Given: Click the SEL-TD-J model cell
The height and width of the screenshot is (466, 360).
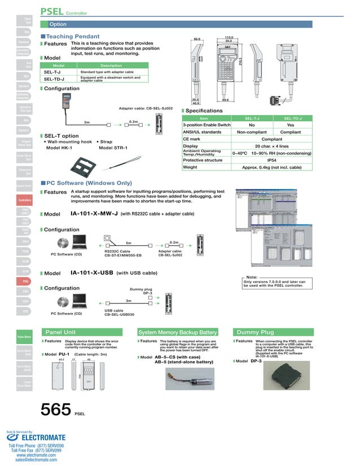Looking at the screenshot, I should [54, 80].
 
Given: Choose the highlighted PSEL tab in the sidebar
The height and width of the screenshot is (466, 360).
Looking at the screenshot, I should [26, 281].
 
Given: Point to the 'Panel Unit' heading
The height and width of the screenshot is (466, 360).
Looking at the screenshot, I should [60, 332].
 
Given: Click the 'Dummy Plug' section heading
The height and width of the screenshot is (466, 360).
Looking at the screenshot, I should [255, 332].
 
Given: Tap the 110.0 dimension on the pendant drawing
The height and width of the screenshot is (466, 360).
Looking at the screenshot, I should [229, 37].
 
